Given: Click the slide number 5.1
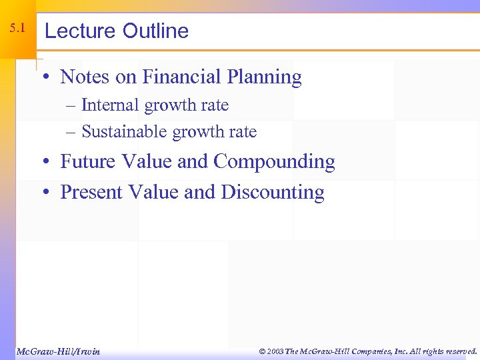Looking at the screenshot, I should pos(18,29).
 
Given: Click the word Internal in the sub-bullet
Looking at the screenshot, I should pos(111,105).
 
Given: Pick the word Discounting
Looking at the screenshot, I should pos(273,193).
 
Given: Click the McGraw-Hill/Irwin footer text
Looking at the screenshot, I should pos(58,351).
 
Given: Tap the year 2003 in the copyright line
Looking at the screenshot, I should pos(275,351).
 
